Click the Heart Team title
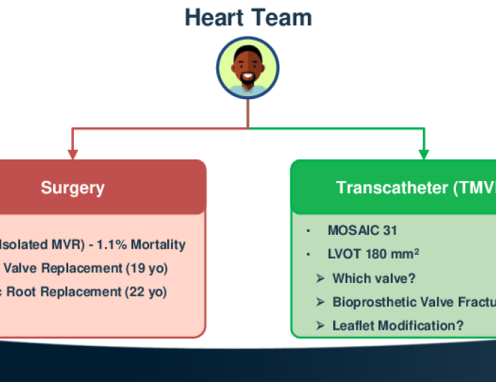click(248, 17)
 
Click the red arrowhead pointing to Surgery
click(72, 153)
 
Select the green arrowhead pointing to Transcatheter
click(424, 153)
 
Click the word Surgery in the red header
click(72, 188)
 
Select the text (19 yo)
click(146, 269)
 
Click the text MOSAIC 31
click(362, 230)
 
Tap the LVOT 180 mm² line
click(373, 254)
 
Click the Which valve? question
click(373, 278)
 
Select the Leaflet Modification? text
click(398, 325)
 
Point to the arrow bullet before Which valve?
click(320, 278)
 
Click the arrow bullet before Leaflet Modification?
click(320, 325)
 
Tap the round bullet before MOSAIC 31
click(307, 230)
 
